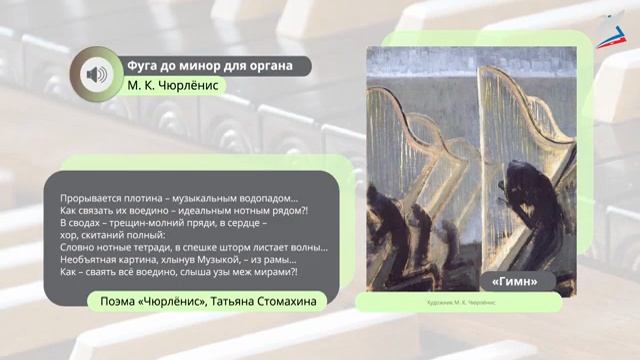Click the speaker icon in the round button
pos(96,74)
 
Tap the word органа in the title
pos(269,66)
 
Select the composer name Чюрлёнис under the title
pos(189,86)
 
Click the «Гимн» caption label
pos(516,281)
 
